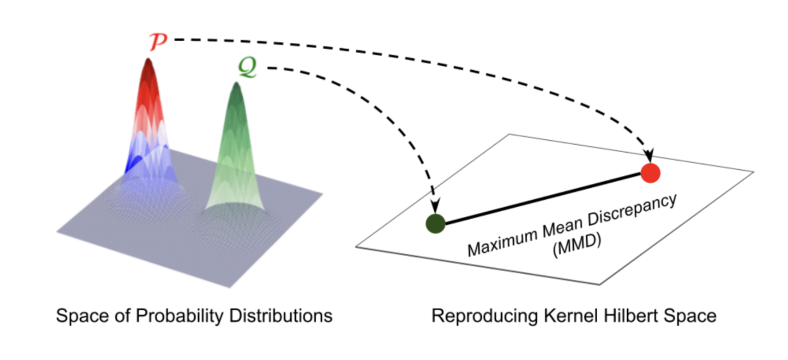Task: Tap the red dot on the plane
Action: (650, 173)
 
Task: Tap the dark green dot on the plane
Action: (436, 223)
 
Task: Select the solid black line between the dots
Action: (541, 198)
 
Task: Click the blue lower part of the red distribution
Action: (135, 163)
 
